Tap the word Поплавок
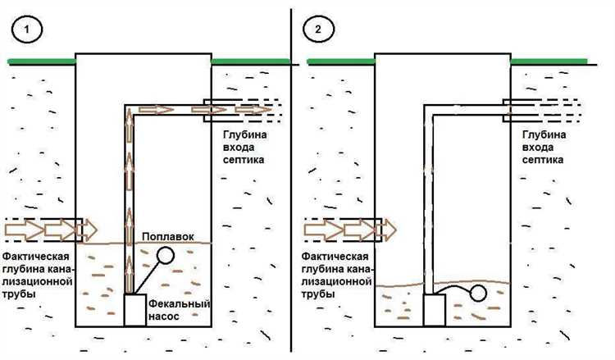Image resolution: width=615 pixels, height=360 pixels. [x=167, y=236]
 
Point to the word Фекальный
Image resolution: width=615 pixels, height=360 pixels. [x=180, y=304]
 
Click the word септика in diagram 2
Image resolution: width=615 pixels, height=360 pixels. [x=543, y=160]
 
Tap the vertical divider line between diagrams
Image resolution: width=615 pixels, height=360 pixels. [x=292, y=180]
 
